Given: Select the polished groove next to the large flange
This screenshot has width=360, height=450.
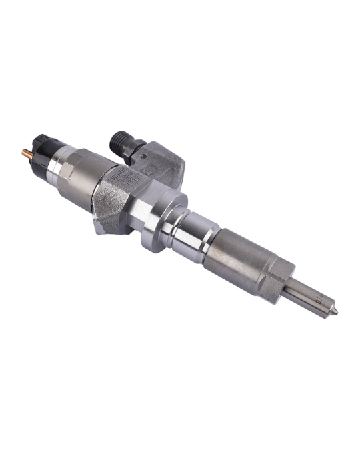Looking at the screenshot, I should (x=183, y=227).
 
